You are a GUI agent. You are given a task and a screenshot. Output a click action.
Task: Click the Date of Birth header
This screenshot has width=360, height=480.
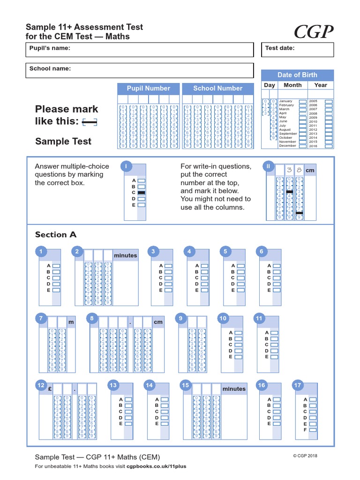pyautogui.click(x=297, y=75)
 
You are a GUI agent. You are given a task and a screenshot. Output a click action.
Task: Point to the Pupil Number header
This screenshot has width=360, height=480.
pyautogui.click(x=148, y=89)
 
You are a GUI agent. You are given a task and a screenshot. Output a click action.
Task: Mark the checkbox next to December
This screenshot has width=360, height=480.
pyautogui.click(x=303, y=146)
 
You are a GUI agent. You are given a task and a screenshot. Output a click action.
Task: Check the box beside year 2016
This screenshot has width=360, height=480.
pyautogui.click(x=329, y=146)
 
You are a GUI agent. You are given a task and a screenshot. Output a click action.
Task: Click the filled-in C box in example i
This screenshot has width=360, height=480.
pyautogui.click(x=142, y=193)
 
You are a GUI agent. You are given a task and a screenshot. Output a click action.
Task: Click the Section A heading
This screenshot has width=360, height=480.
pyautogui.click(x=55, y=235)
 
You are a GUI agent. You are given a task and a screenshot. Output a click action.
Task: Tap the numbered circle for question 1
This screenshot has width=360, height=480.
pyautogui.click(x=41, y=252)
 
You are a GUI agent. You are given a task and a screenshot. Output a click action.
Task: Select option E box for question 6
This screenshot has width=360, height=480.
pyautogui.click(x=277, y=290)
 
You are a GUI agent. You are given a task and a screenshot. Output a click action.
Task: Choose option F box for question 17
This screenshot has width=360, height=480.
pyautogui.click(x=313, y=429)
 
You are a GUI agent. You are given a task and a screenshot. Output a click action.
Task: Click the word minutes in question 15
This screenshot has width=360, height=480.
pyautogui.click(x=233, y=389)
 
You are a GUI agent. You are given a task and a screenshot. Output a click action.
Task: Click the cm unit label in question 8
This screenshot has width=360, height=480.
pyautogui.click(x=158, y=322)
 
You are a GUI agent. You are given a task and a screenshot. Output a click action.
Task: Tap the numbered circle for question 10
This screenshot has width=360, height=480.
pyautogui.click(x=223, y=318)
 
